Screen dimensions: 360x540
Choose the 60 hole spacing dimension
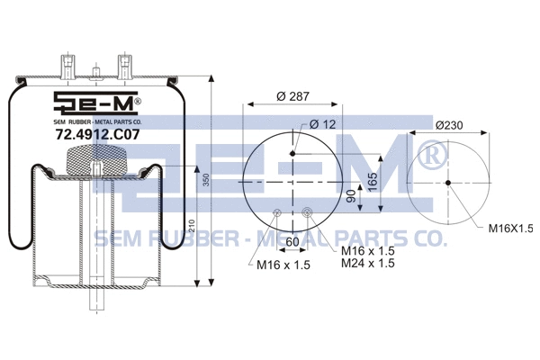click(292, 241)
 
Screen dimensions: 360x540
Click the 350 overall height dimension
click(205, 181)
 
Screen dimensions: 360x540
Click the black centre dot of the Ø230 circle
click(448, 184)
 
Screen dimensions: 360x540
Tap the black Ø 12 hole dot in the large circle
click(292, 155)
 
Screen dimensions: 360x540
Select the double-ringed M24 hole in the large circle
click(308, 213)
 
